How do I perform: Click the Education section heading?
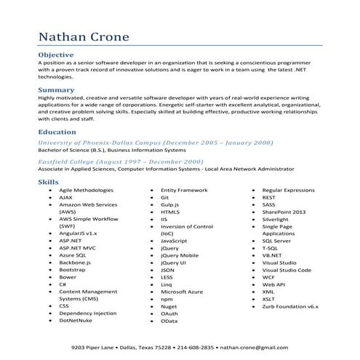[x=58, y=132]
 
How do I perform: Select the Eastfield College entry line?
[x=120, y=161]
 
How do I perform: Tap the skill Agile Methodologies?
[x=87, y=190]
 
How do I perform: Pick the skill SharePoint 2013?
[x=284, y=212]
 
